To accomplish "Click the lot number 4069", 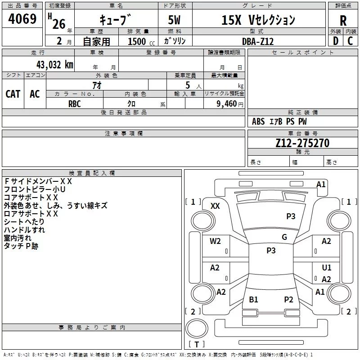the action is (x=22, y=19).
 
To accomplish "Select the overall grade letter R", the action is (x=343, y=21).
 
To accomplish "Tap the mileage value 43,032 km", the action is (x=55, y=65).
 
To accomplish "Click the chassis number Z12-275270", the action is (x=302, y=143).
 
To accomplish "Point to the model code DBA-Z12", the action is (x=258, y=41).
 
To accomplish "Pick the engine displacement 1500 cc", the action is (x=141, y=41).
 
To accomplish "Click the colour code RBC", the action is (x=74, y=104).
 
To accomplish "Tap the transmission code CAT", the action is (x=13, y=94).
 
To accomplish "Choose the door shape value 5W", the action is (x=174, y=20).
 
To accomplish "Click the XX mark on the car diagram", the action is (x=215, y=206).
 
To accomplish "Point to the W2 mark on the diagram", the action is (x=215, y=241).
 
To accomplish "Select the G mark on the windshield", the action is (x=284, y=237).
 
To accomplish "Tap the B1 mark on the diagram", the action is (x=253, y=299).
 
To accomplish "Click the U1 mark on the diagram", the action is (x=327, y=267).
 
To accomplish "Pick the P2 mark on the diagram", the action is (x=288, y=299).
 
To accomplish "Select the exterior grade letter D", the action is (x=336, y=41).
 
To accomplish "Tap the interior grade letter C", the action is (x=350, y=41).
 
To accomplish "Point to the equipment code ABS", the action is (x=258, y=121).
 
